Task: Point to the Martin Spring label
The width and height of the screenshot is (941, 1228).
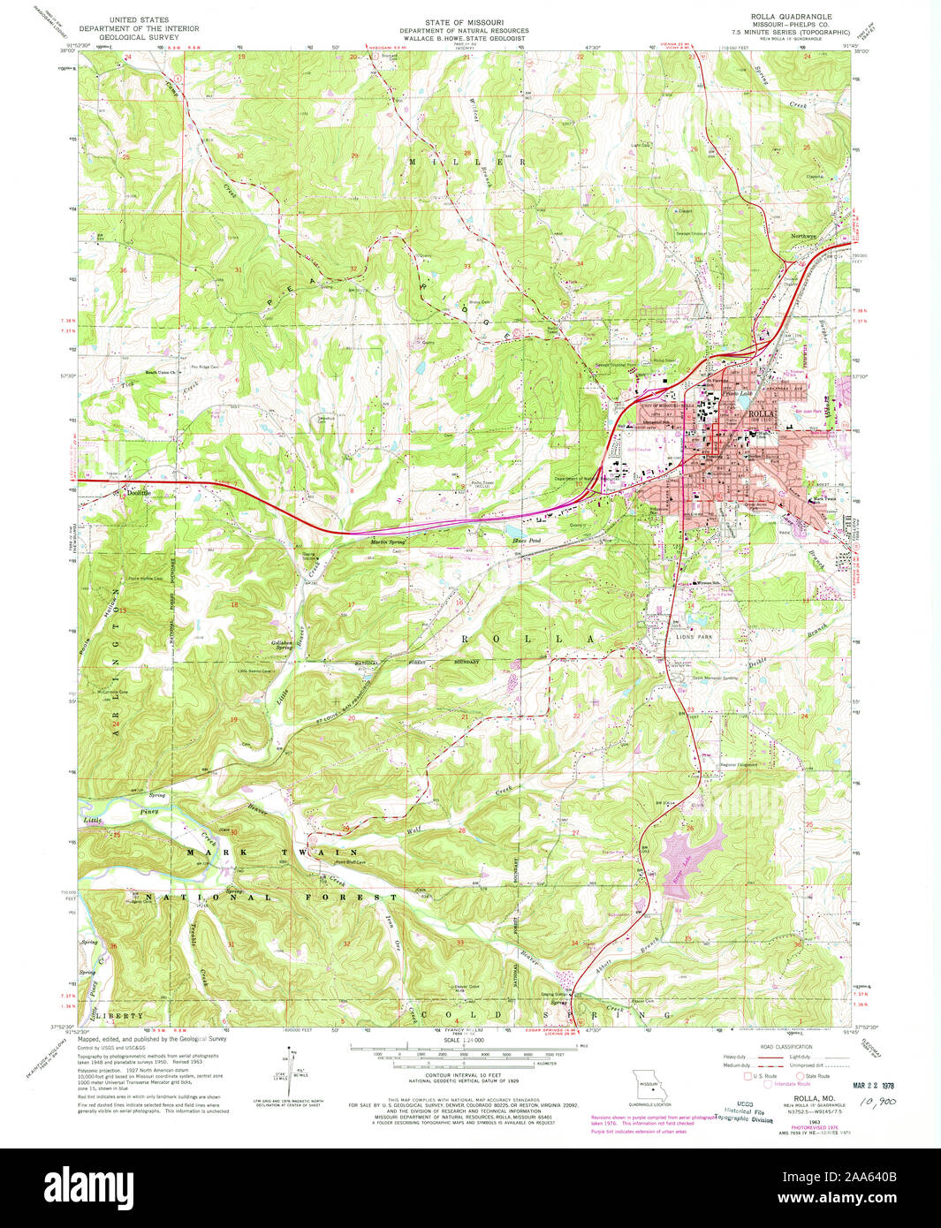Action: tap(388, 541)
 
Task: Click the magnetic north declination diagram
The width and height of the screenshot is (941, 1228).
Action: tap(288, 1066)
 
